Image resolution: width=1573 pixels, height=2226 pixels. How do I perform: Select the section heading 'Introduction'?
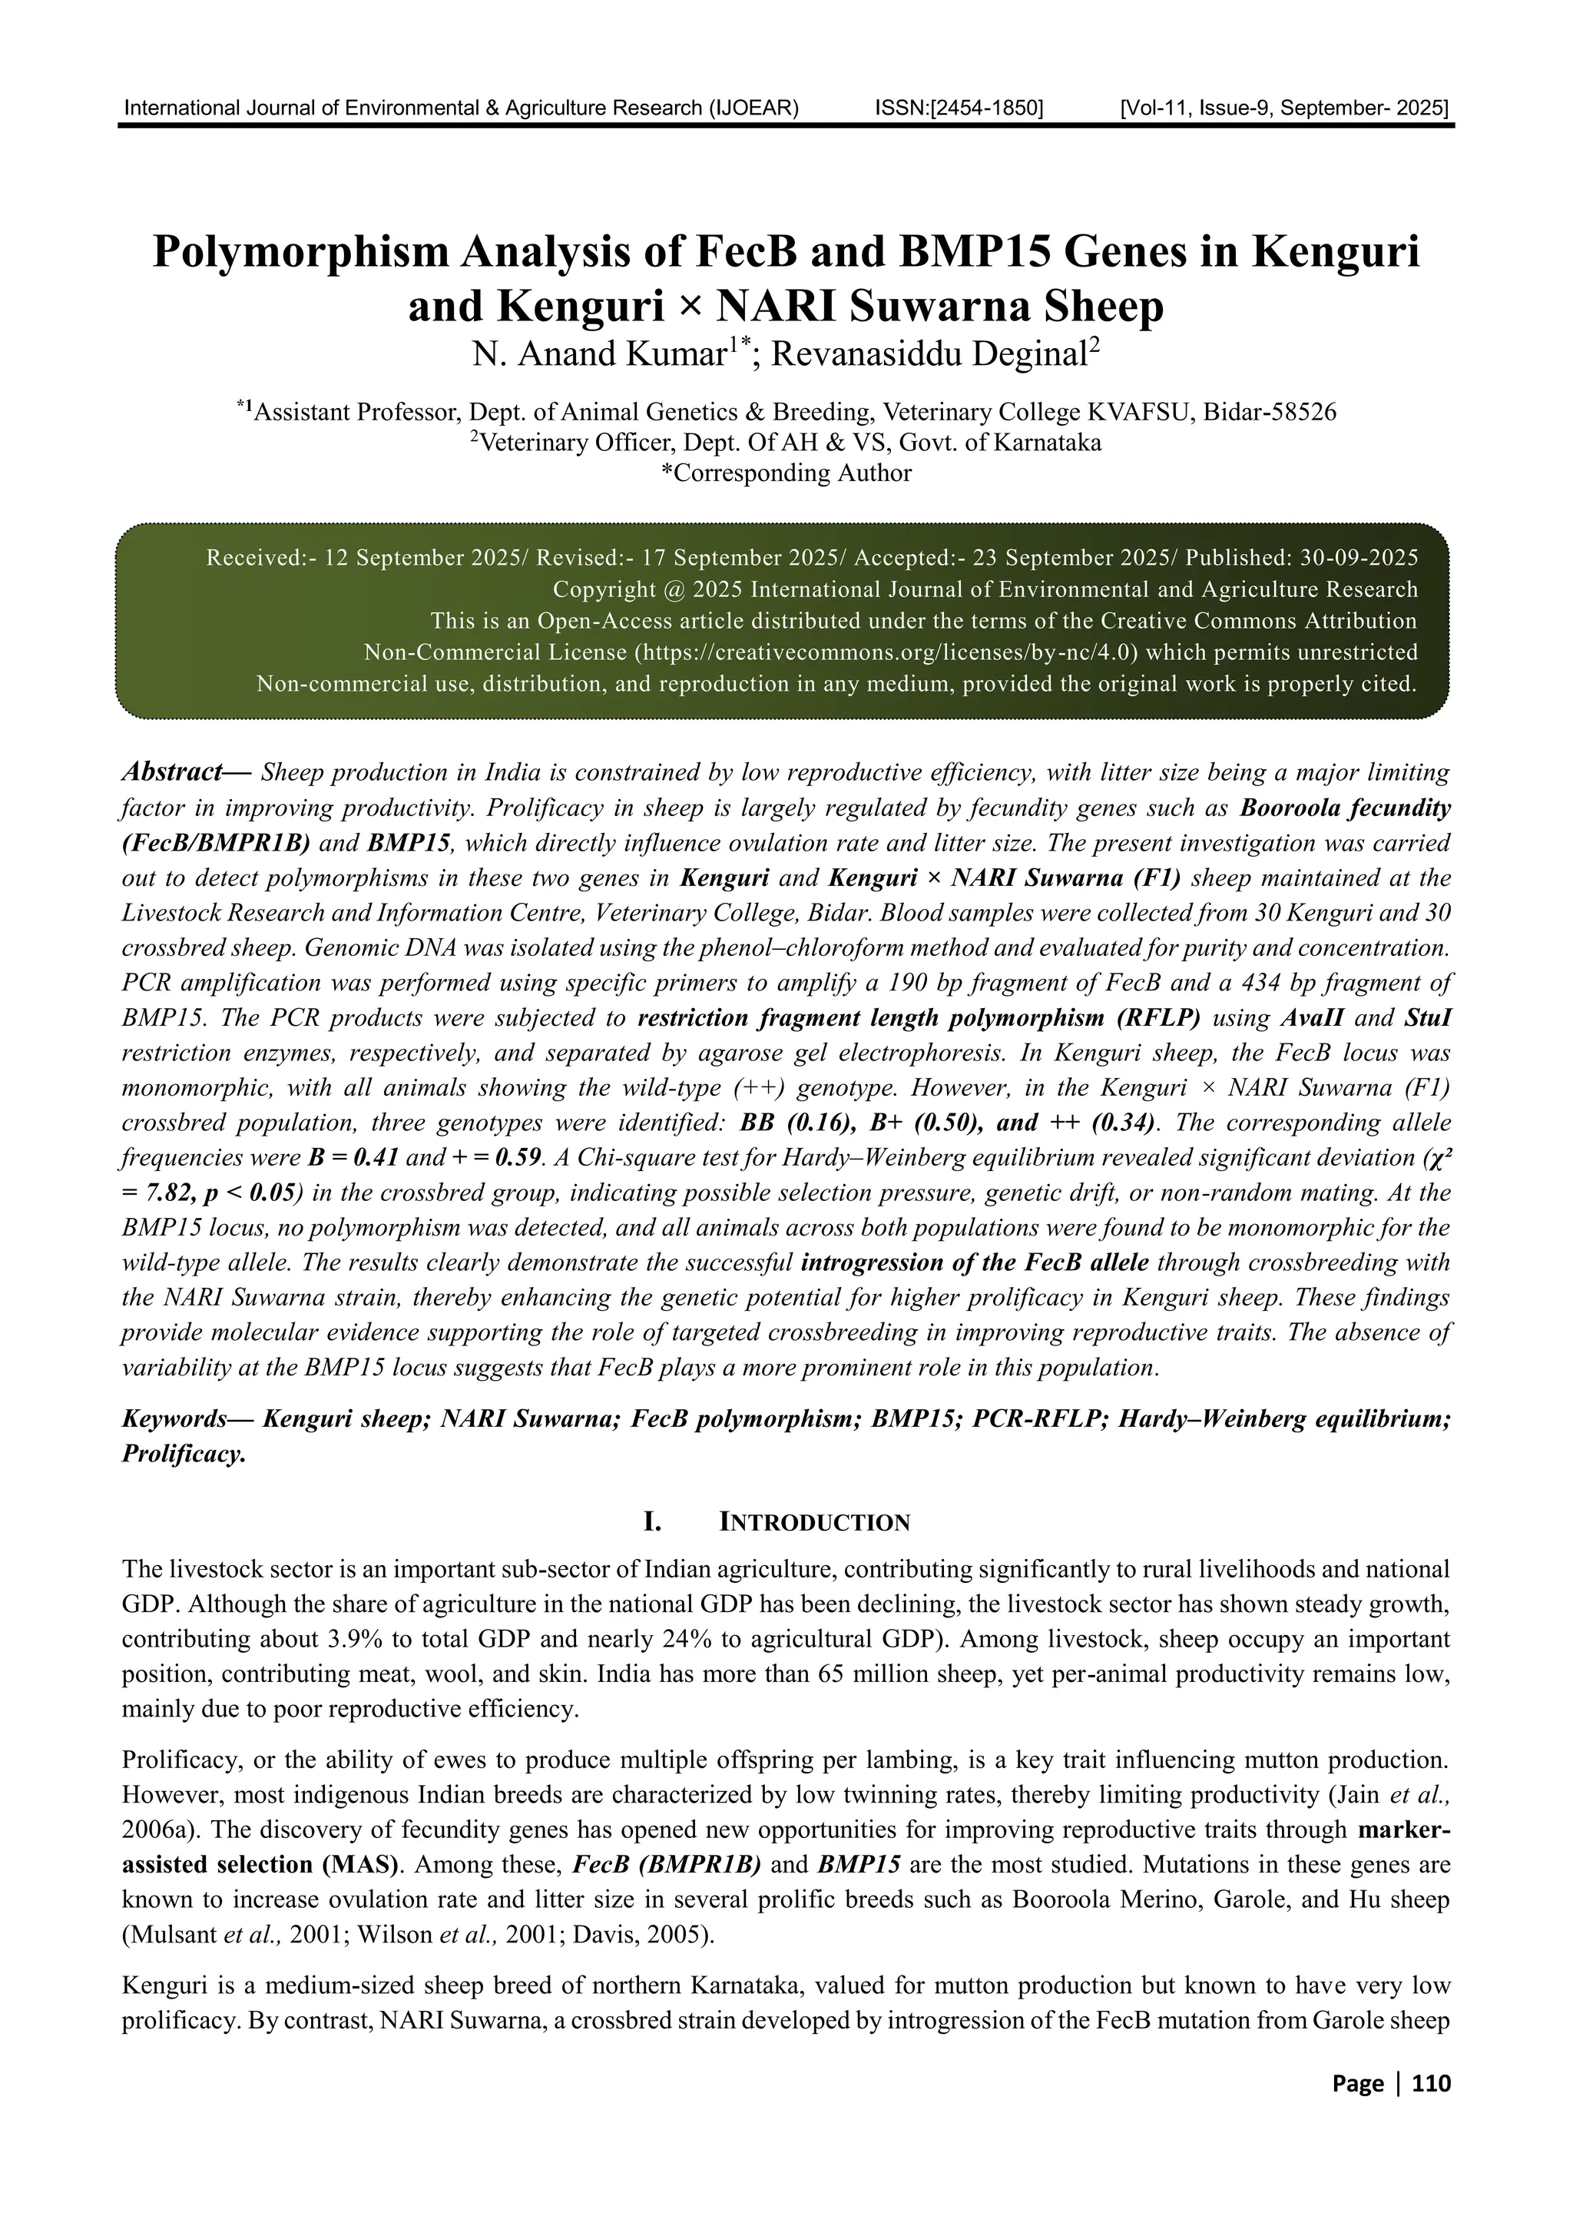click(x=814, y=1523)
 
